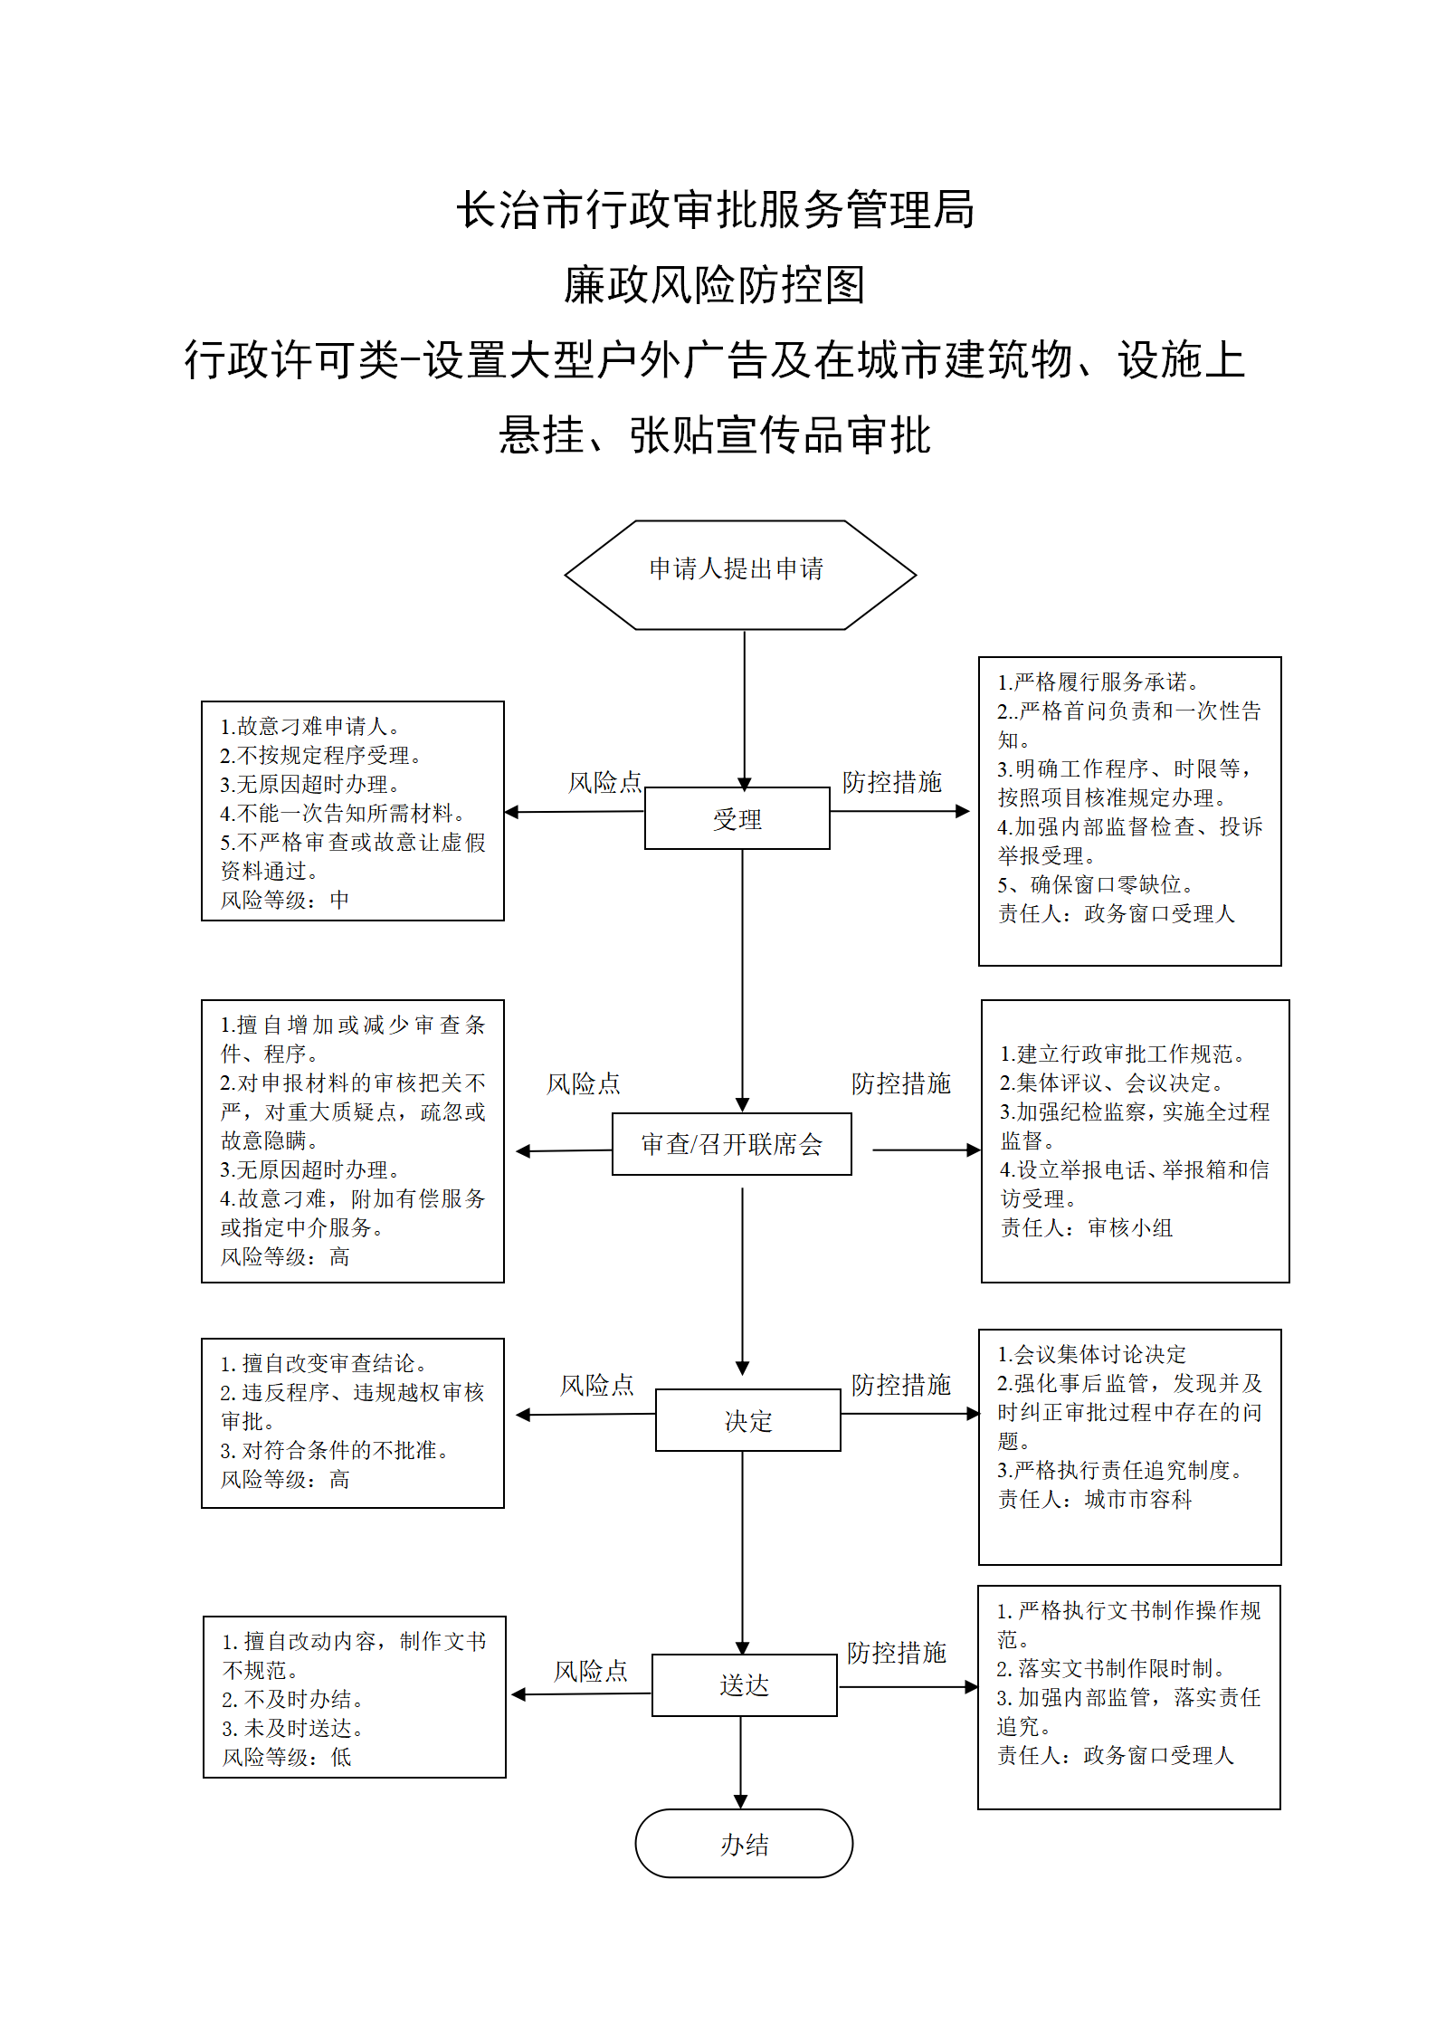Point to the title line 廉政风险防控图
tap(715, 285)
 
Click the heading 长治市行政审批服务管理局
tap(716, 210)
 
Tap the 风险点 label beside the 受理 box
tap(604, 782)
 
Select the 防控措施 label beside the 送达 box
tap(897, 1653)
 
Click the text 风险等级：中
tap(285, 900)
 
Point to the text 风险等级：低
tap(287, 1757)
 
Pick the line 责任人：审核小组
tap(1087, 1227)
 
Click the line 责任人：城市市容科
tap(1095, 1499)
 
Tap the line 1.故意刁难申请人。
tap(310, 726)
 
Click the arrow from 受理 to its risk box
tap(575, 812)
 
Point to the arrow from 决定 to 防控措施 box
tap(910, 1414)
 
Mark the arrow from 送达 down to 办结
tap(741, 1763)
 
